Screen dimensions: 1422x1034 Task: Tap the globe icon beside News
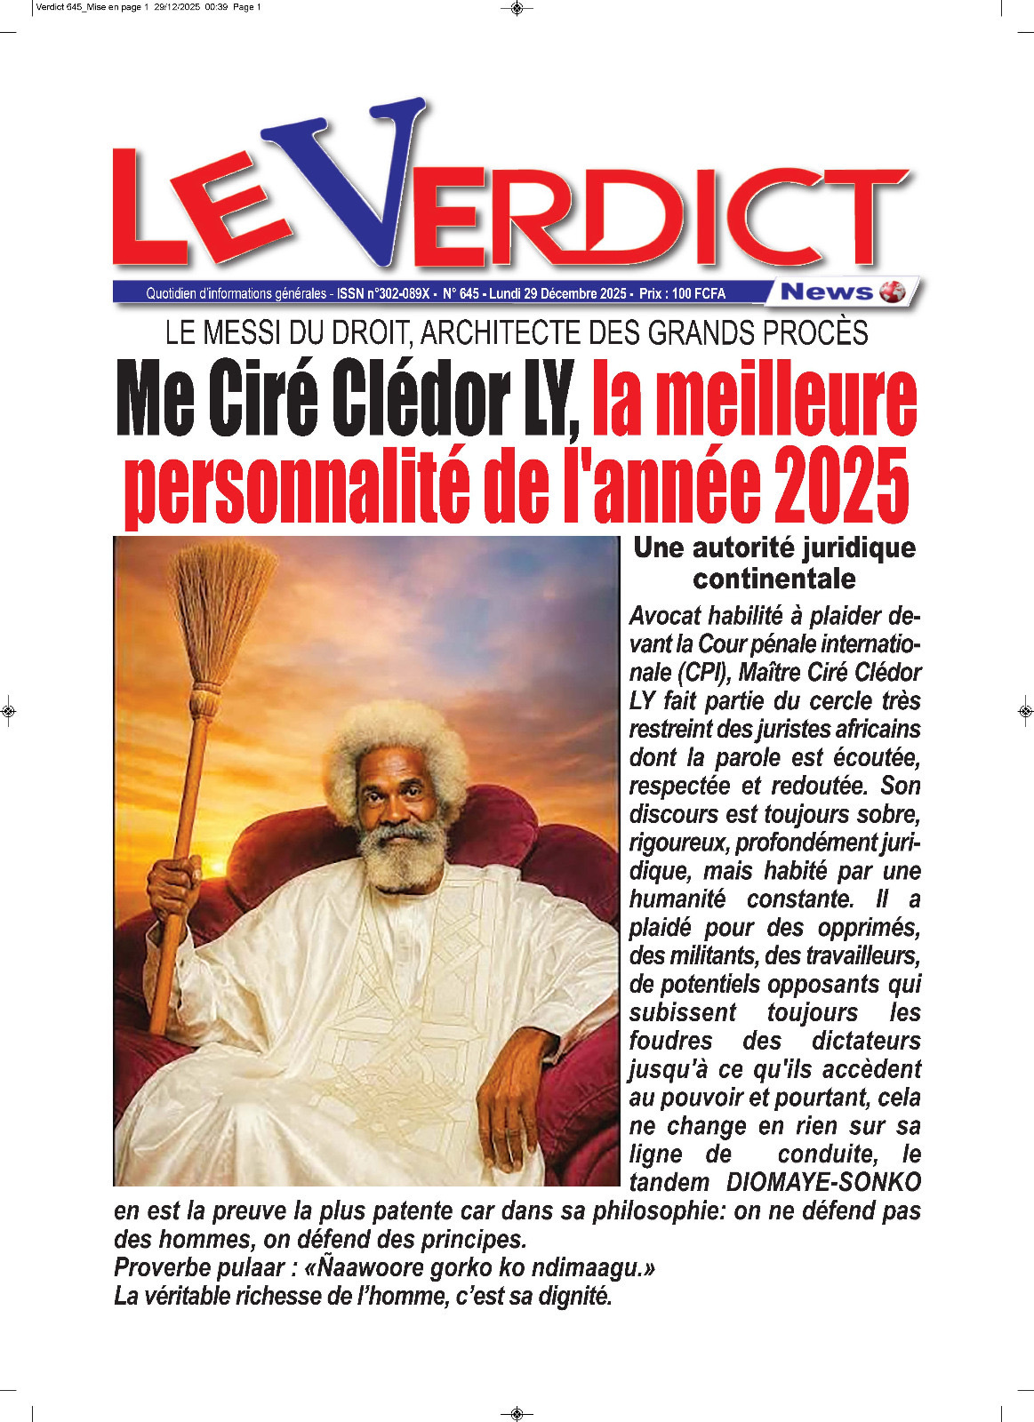[x=891, y=292]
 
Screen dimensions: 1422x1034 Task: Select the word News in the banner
[x=826, y=292]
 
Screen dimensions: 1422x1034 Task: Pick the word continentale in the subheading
[x=773, y=579]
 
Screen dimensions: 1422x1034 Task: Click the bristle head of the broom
[x=222, y=613]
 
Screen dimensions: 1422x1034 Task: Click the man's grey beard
[x=405, y=858]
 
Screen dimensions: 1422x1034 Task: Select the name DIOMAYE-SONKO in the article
[x=823, y=1183]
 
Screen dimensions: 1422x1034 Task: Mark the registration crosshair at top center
[x=517, y=10]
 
